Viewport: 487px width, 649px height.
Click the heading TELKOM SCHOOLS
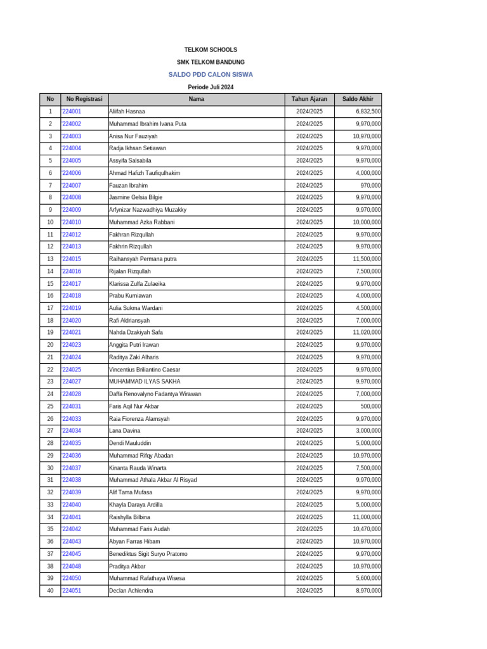point(211,49)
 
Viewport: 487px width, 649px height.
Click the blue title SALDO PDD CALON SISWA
point(211,74)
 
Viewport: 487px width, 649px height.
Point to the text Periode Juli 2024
point(211,87)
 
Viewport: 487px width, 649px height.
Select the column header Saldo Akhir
point(358,99)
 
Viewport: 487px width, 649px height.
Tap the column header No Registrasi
point(84,99)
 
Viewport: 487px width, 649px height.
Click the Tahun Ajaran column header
point(309,99)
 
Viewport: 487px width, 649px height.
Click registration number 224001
point(72,112)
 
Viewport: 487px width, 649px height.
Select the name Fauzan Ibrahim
point(128,186)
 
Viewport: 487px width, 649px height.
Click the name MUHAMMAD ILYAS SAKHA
point(145,382)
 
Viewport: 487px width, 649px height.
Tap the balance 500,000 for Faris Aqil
point(370,406)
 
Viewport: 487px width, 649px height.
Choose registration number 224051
point(72,591)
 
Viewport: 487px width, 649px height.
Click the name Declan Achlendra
point(131,591)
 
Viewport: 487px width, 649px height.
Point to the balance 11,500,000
point(367,259)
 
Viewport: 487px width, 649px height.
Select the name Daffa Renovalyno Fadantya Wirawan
point(155,394)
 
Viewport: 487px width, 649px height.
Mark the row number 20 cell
point(50,345)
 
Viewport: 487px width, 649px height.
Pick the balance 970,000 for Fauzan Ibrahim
point(370,186)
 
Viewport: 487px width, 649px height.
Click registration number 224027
point(72,382)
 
